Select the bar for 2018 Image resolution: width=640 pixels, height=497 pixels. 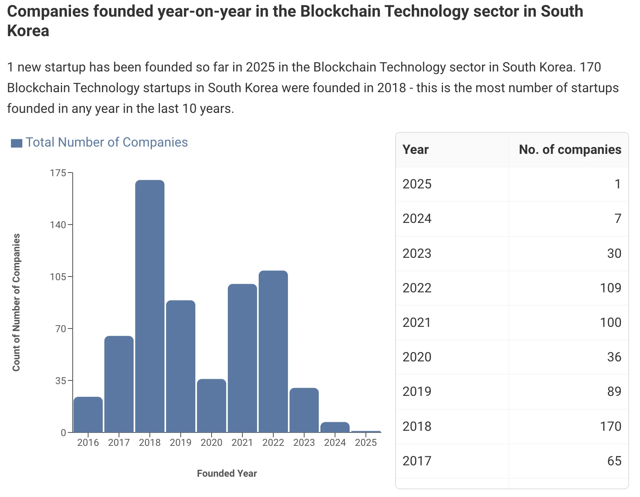(150, 306)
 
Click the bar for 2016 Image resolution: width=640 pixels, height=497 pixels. (88, 415)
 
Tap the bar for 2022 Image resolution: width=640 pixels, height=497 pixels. (273, 351)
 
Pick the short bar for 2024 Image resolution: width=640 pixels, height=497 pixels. (335, 428)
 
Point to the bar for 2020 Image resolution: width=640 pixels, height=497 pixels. (212, 406)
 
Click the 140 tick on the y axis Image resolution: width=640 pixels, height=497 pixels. (58, 225)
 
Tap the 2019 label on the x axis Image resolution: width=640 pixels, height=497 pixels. (181, 443)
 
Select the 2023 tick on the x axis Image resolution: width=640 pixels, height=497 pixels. (304, 443)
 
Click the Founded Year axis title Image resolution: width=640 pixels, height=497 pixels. (227, 473)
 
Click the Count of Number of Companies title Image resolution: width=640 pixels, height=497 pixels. (16, 303)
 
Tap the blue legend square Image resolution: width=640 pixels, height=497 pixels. (17, 143)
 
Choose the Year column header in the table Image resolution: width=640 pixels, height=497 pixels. (415, 150)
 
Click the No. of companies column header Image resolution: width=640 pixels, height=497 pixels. (570, 150)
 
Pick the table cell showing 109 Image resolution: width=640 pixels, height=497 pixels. (610, 288)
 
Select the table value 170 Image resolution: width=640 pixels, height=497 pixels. (610, 426)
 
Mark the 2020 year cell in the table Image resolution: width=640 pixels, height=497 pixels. (417, 357)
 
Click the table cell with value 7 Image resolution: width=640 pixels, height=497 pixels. (618, 219)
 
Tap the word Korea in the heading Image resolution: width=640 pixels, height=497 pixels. (28, 31)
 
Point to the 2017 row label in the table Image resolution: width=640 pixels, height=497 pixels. (417, 461)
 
